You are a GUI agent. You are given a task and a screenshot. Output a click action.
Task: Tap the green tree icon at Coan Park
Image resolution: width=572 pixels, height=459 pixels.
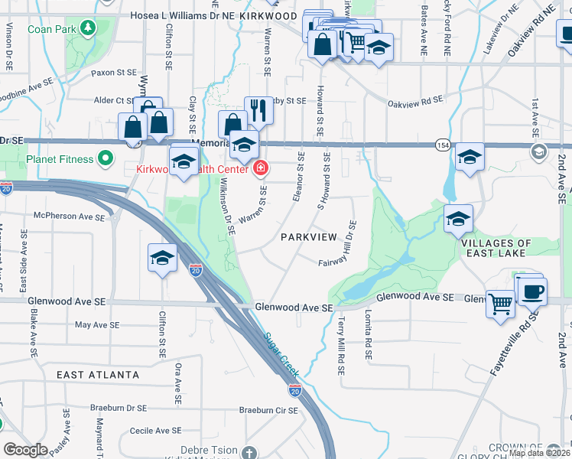click(89, 28)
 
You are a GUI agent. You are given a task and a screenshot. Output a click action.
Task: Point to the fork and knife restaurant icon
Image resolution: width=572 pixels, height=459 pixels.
click(258, 110)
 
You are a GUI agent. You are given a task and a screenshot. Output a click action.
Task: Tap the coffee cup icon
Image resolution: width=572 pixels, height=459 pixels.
click(532, 291)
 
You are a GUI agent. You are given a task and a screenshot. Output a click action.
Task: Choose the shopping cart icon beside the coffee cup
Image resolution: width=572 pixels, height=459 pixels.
click(500, 303)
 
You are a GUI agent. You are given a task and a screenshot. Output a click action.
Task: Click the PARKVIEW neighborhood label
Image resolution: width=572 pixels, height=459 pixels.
click(308, 236)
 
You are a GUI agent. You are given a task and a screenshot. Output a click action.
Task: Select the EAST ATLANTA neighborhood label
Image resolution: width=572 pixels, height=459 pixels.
click(99, 375)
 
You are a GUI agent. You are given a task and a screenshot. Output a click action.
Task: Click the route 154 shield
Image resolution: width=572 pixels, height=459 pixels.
click(443, 145)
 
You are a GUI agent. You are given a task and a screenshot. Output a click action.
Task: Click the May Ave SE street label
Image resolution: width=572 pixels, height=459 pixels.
click(101, 324)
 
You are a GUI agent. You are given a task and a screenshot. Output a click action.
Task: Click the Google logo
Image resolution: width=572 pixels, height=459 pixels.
click(25, 450)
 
